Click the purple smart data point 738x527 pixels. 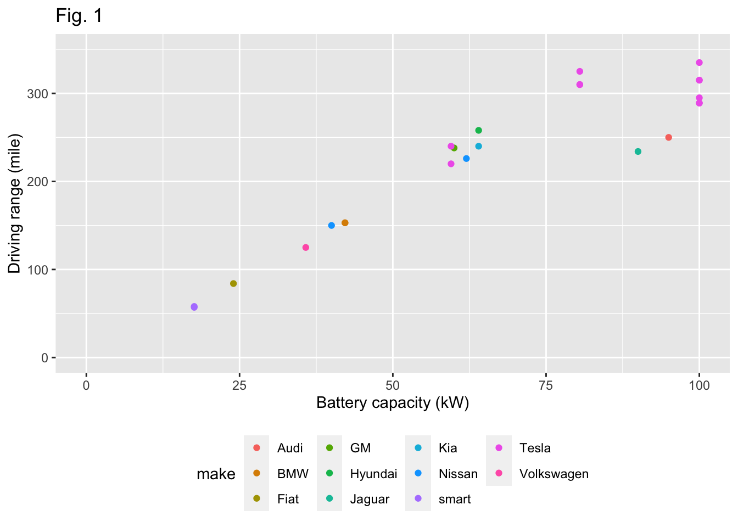point(194,307)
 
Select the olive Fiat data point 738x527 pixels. point(233,283)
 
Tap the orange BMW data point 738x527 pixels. point(345,223)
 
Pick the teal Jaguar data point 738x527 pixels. point(638,152)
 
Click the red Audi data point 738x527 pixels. point(669,137)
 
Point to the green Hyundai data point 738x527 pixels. point(478,130)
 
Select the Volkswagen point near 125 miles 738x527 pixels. point(306,248)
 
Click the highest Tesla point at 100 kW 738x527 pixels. point(699,63)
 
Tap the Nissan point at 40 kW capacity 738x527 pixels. point(332,226)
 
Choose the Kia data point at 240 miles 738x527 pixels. point(478,146)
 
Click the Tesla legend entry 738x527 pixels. point(534,448)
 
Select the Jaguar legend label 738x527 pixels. point(370,500)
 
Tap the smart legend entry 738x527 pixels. point(454,500)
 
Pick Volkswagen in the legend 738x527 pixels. point(553,474)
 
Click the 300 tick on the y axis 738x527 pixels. point(38,94)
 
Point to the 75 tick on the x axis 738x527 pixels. point(546,385)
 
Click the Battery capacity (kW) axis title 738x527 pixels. point(393,403)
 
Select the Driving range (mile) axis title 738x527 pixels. point(14,204)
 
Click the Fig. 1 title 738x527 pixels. point(79,16)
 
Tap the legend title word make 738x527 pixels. point(216,474)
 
